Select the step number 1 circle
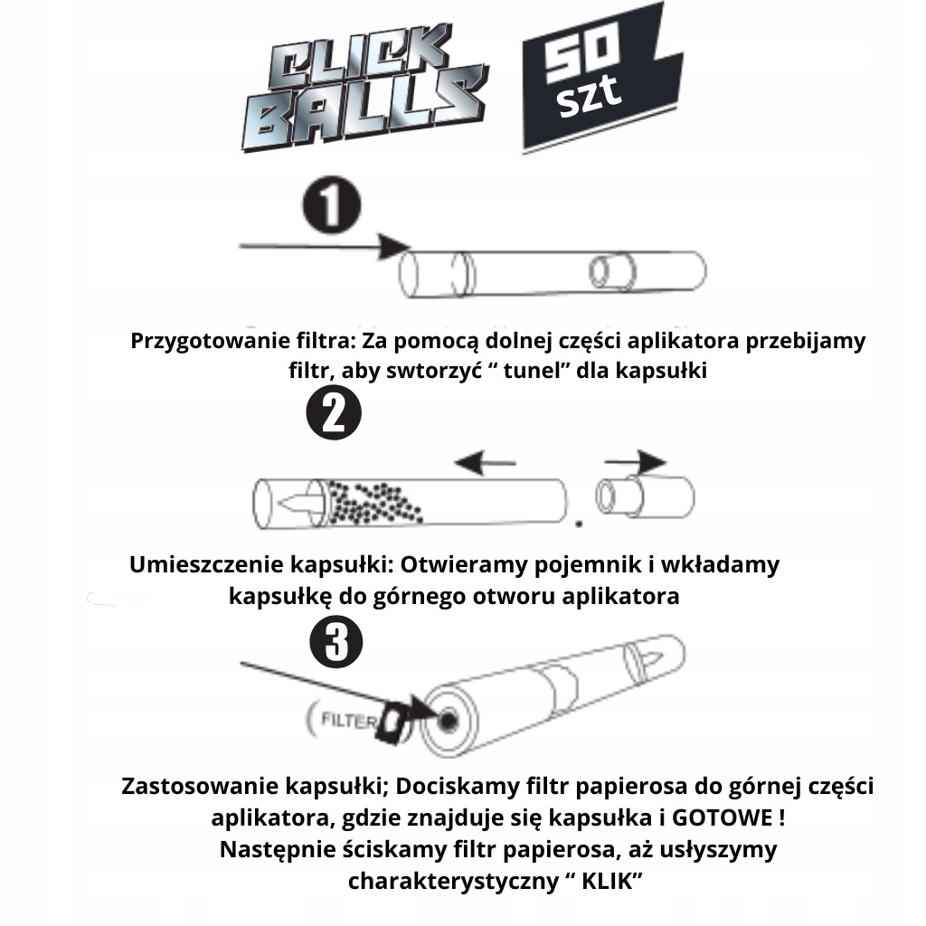[x=332, y=207]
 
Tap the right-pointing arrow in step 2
[x=647, y=461]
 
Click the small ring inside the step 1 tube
[x=602, y=270]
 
